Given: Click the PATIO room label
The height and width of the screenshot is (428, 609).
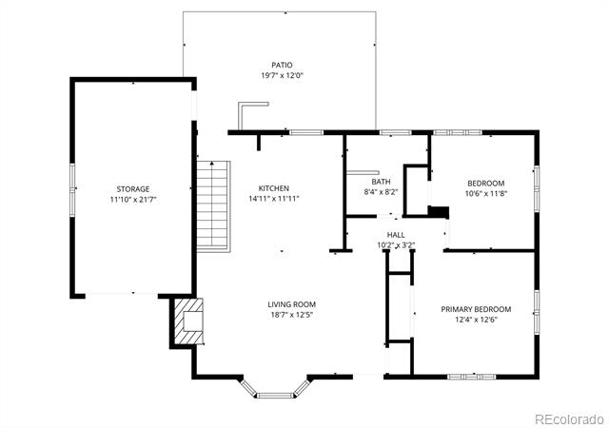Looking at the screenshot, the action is point(282,65).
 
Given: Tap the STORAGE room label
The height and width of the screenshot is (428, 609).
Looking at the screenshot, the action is point(133,189).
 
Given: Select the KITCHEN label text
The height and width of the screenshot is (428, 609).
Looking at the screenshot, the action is point(274,188).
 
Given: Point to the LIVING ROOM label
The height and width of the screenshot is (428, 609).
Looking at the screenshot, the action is point(292,304).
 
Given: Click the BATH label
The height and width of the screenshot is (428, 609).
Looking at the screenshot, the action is point(381,182).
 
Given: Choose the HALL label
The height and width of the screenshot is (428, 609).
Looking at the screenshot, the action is point(396,235).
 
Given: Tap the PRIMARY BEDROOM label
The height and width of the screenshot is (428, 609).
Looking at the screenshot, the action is point(476,309).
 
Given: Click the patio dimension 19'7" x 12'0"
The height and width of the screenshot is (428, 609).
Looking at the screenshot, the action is point(282,75).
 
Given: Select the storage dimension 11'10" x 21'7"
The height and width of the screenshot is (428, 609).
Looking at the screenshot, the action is point(133,200).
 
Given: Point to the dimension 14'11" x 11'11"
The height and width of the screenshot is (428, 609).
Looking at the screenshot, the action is point(274,199).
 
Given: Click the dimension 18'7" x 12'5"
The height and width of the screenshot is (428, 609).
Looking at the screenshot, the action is point(292,315).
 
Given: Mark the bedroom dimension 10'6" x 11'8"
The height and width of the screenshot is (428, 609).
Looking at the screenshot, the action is point(486,193).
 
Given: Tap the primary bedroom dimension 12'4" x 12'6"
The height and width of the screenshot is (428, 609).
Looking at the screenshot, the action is point(476,320).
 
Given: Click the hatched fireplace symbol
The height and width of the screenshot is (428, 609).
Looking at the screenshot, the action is point(188,321).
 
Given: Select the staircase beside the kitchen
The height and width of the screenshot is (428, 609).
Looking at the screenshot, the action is point(213,206).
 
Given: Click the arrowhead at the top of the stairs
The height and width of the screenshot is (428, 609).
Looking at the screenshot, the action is point(212,164).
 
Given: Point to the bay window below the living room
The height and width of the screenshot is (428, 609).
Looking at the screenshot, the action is point(275,389).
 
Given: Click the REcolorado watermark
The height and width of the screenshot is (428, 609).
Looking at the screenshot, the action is point(570,419).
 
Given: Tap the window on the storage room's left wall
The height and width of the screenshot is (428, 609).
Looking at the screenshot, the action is point(72,189).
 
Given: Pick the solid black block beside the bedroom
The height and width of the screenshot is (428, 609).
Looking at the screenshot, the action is point(439,212).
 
